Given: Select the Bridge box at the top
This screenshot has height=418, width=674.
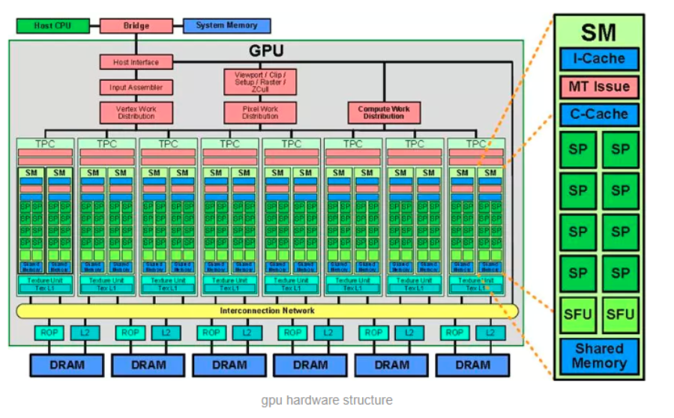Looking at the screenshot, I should coord(136,25).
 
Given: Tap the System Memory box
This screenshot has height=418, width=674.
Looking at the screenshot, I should coord(226,25).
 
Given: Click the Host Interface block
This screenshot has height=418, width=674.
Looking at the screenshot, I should coord(136,61).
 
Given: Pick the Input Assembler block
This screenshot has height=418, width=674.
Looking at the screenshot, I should coord(136,87).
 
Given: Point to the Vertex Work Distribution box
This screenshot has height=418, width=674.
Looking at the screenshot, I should coord(136,113).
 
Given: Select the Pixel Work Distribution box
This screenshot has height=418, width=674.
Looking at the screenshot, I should coord(260,113).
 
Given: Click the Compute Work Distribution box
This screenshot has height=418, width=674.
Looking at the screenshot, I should coord(383,113).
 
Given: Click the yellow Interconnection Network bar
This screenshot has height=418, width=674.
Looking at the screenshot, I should coord(267,310).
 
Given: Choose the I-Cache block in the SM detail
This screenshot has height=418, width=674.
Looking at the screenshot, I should coord(598,58).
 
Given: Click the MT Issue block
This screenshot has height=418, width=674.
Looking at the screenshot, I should coord(598,87).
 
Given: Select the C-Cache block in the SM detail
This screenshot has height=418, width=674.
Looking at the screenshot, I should coord(598,115).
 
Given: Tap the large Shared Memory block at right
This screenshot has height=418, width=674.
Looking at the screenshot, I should coord(598,356).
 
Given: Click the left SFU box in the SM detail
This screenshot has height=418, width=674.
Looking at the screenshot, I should coord(577,314).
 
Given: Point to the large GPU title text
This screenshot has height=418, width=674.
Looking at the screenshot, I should coord(267,52).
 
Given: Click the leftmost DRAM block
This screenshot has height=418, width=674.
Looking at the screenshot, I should coord(67,365).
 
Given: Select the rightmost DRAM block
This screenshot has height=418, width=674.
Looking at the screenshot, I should coord(472,365).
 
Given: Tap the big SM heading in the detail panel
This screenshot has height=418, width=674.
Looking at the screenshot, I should coord(598,32).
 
